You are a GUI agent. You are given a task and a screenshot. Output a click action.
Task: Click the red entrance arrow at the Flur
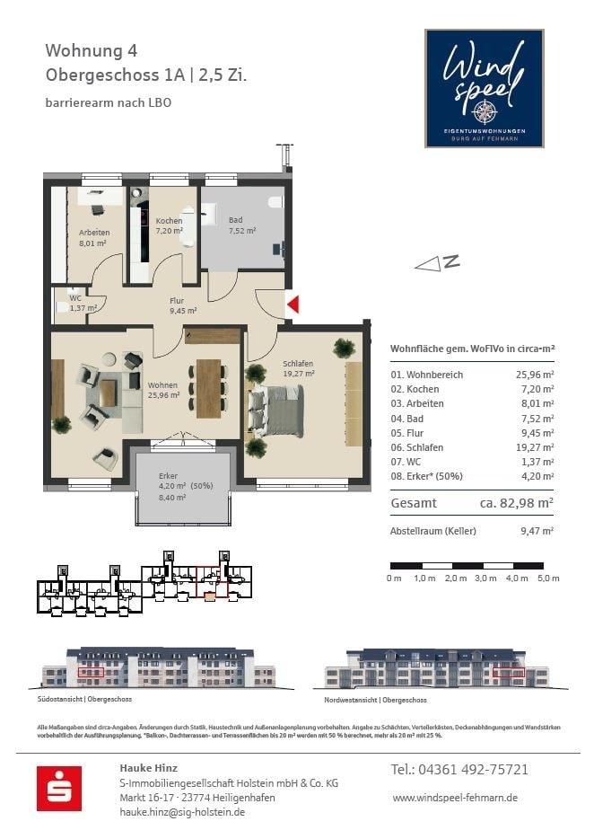point(292,305)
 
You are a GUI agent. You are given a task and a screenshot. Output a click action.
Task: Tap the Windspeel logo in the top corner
point(484,88)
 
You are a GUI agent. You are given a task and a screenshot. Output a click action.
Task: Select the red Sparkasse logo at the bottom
point(59,788)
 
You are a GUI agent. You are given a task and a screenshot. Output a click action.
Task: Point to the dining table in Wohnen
point(208,388)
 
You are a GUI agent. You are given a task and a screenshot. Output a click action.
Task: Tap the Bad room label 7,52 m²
point(241,225)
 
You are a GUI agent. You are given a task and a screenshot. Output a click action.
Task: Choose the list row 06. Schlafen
point(471,446)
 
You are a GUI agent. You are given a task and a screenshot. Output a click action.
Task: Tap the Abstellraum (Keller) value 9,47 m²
point(537,531)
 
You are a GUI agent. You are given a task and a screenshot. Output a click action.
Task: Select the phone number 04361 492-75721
point(459,770)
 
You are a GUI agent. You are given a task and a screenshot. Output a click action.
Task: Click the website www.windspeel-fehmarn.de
point(455,798)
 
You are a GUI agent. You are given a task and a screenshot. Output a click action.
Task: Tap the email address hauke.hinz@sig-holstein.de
point(182,812)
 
